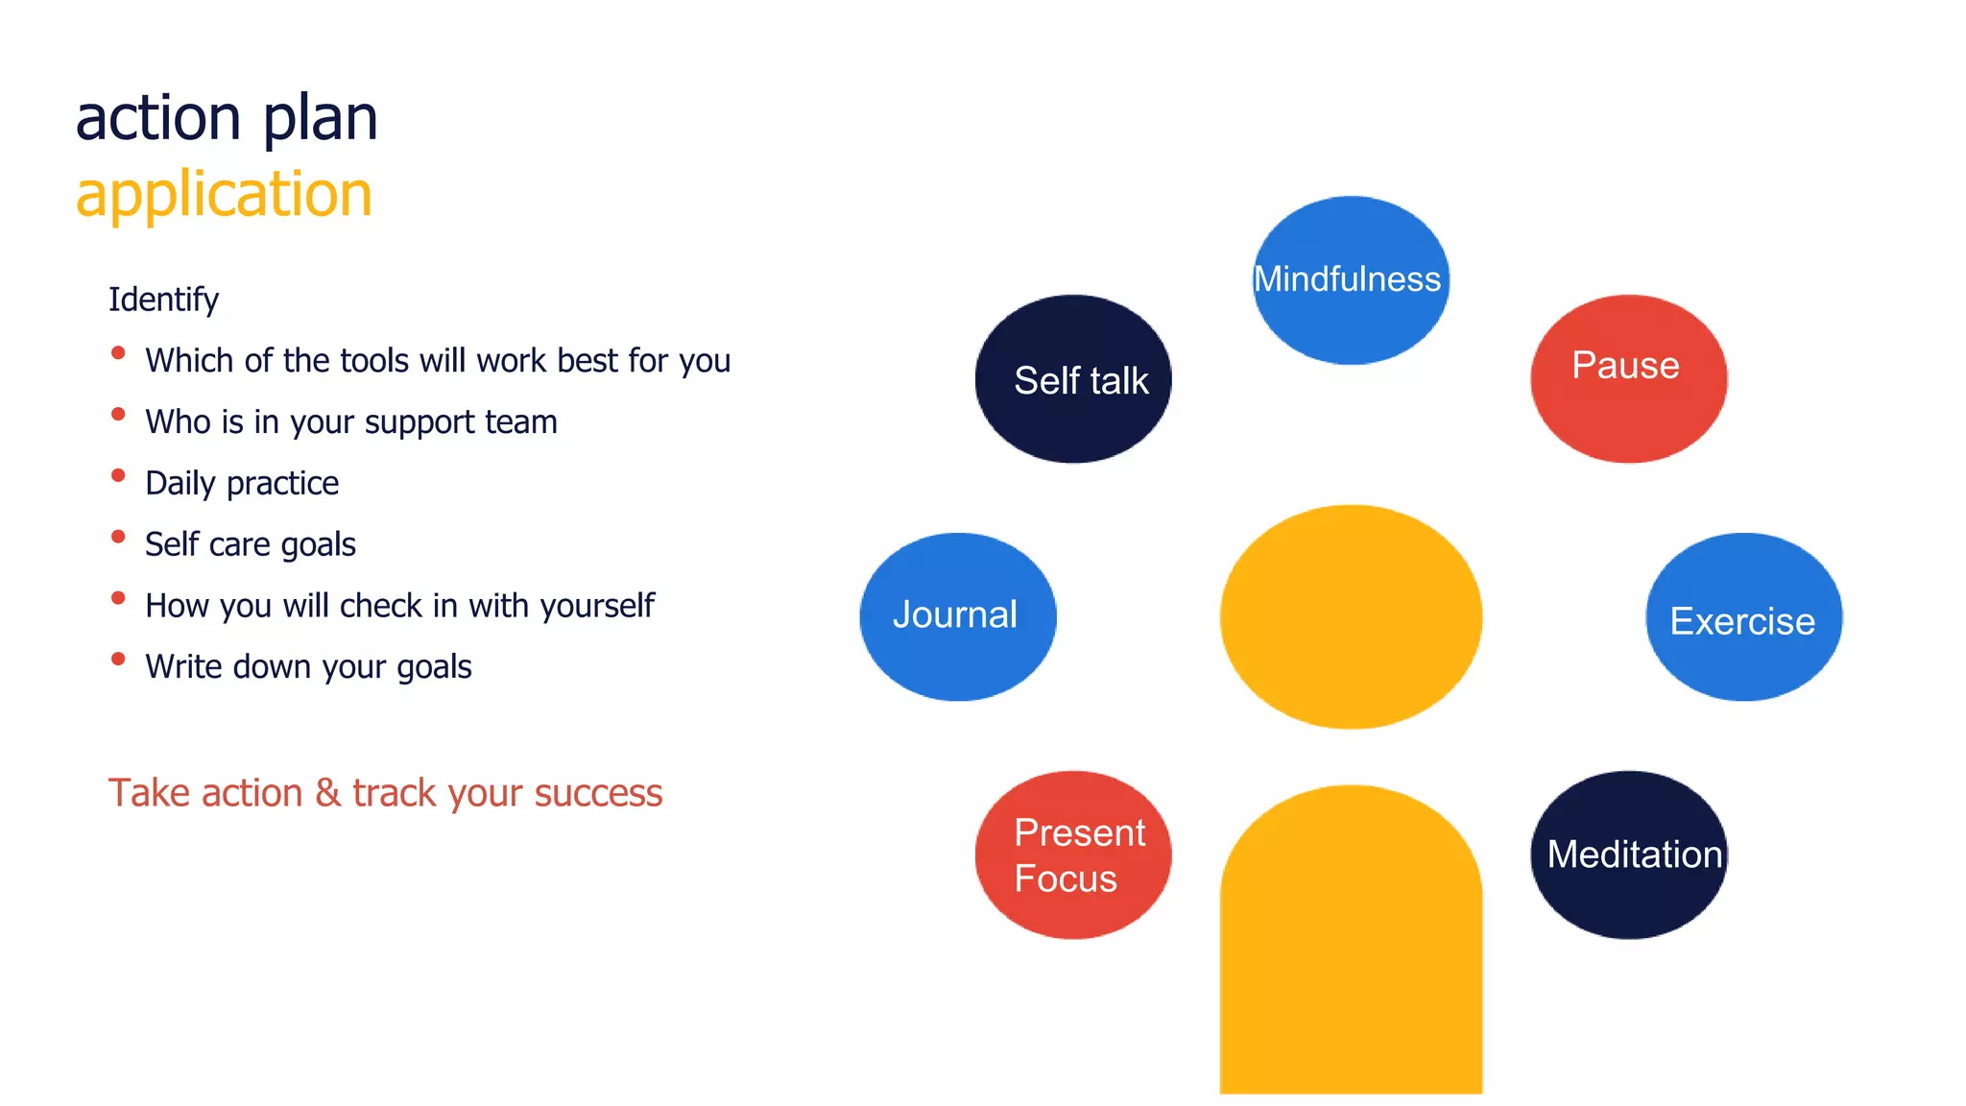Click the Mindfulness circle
tap(1351, 280)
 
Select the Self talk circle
tap(1073, 379)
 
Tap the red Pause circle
tap(1628, 379)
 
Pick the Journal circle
tap(957, 616)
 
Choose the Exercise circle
tap(1743, 617)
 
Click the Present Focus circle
tap(1073, 854)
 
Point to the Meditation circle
tap(1628, 854)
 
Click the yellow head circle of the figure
tap(1351, 616)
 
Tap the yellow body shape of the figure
tap(1351, 950)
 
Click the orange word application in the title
tap(224, 195)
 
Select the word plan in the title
tap(321, 118)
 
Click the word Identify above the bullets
tap(163, 300)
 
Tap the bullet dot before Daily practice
tap(118, 475)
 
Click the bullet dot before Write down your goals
tap(118, 659)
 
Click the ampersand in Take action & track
tap(327, 793)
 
